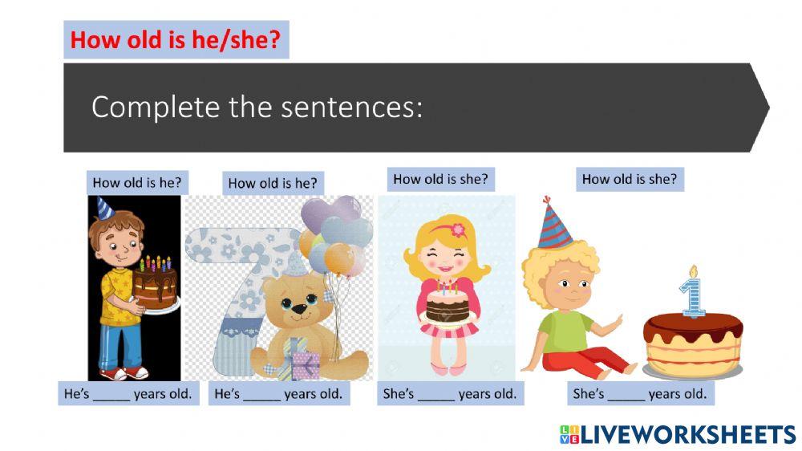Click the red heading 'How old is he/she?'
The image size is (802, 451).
point(176,40)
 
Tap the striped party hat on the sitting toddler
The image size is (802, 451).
point(555,224)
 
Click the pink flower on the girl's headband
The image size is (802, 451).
point(459,230)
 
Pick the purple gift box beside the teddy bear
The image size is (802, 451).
point(306,365)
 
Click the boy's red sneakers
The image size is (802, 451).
point(125,373)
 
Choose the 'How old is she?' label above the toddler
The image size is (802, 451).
point(630,179)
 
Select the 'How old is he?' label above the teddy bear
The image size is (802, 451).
point(273,183)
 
